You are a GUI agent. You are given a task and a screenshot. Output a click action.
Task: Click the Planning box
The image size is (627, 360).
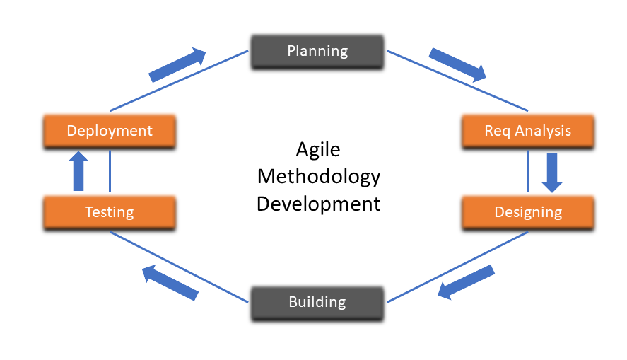click(x=317, y=52)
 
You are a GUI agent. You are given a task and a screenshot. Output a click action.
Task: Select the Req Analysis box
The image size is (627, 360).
click(x=527, y=131)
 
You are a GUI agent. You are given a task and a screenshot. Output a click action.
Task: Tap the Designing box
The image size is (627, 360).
click(x=527, y=211)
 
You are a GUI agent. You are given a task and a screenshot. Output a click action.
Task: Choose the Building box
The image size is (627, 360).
click(x=317, y=302)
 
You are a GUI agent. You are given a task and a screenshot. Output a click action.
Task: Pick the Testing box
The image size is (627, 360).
click(x=109, y=211)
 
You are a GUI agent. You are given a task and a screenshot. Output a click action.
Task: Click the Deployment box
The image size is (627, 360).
click(x=109, y=131)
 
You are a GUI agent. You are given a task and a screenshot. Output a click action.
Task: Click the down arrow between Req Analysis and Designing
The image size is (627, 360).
click(x=552, y=173)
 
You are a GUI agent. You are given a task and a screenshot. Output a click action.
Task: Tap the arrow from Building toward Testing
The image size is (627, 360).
click(x=170, y=281)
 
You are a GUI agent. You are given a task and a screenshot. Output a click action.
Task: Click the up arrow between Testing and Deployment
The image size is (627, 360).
click(x=78, y=171)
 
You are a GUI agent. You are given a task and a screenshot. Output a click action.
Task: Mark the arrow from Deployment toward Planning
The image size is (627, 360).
click(x=177, y=65)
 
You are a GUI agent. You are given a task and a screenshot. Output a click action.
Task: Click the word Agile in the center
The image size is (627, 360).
click(x=317, y=150)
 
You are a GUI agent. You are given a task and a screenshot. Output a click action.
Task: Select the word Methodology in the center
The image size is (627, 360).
click(x=318, y=176)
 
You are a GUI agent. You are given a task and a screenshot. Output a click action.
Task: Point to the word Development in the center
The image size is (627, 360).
click(x=318, y=204)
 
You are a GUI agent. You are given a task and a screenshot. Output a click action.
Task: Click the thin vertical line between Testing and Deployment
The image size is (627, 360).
click(x=110, y=171)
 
